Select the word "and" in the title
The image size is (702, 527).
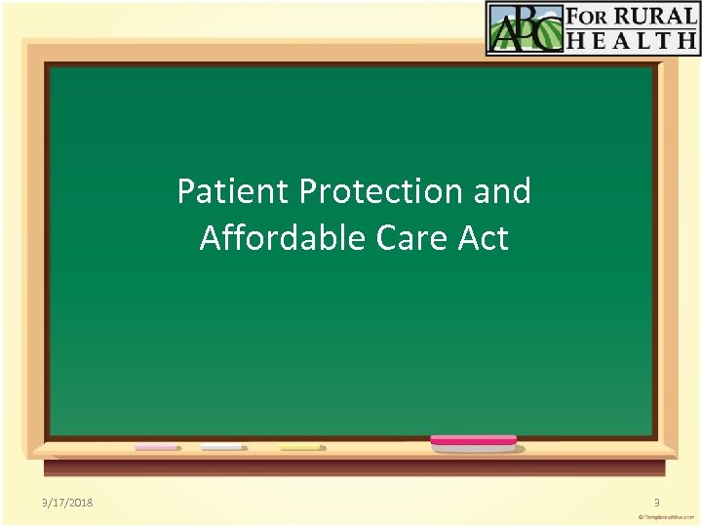pos(502,191)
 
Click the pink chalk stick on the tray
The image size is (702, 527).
pos(157,448)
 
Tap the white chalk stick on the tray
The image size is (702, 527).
pos(222,448)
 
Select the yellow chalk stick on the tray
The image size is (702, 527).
pos(299,448)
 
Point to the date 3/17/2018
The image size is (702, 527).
pos(61,502)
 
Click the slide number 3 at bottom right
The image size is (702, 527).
pos(657,502)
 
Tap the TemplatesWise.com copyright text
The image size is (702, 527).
pos(667,516)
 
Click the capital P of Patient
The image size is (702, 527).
pos(186,191)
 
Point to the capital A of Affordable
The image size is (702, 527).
pos(210,237)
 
